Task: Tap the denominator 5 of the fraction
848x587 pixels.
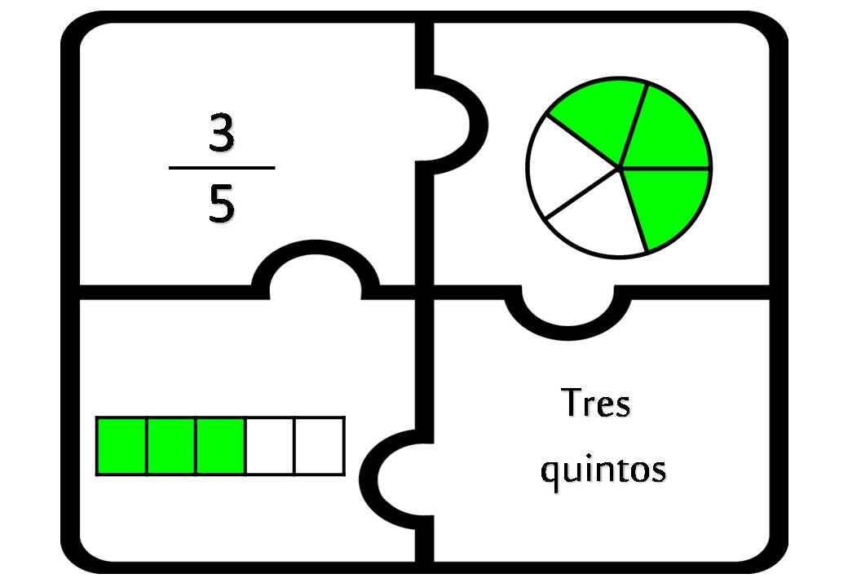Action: tap(222, 203)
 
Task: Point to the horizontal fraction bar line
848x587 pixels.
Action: tap(222, 168)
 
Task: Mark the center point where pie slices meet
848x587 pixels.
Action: tap(620, 168)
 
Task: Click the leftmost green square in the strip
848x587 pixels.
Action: tap(121, 446)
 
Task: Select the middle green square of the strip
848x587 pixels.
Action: tap(171, 446)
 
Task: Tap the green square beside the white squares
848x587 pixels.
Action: tap(221, 446)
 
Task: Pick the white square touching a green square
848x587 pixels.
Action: tap(270, 446)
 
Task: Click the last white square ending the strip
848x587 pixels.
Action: tap(319, 446)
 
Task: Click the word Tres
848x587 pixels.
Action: tap(595, 403)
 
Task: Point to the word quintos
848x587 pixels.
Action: tap(603, 469)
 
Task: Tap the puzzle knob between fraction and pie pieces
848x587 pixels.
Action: tap(452, 124)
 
